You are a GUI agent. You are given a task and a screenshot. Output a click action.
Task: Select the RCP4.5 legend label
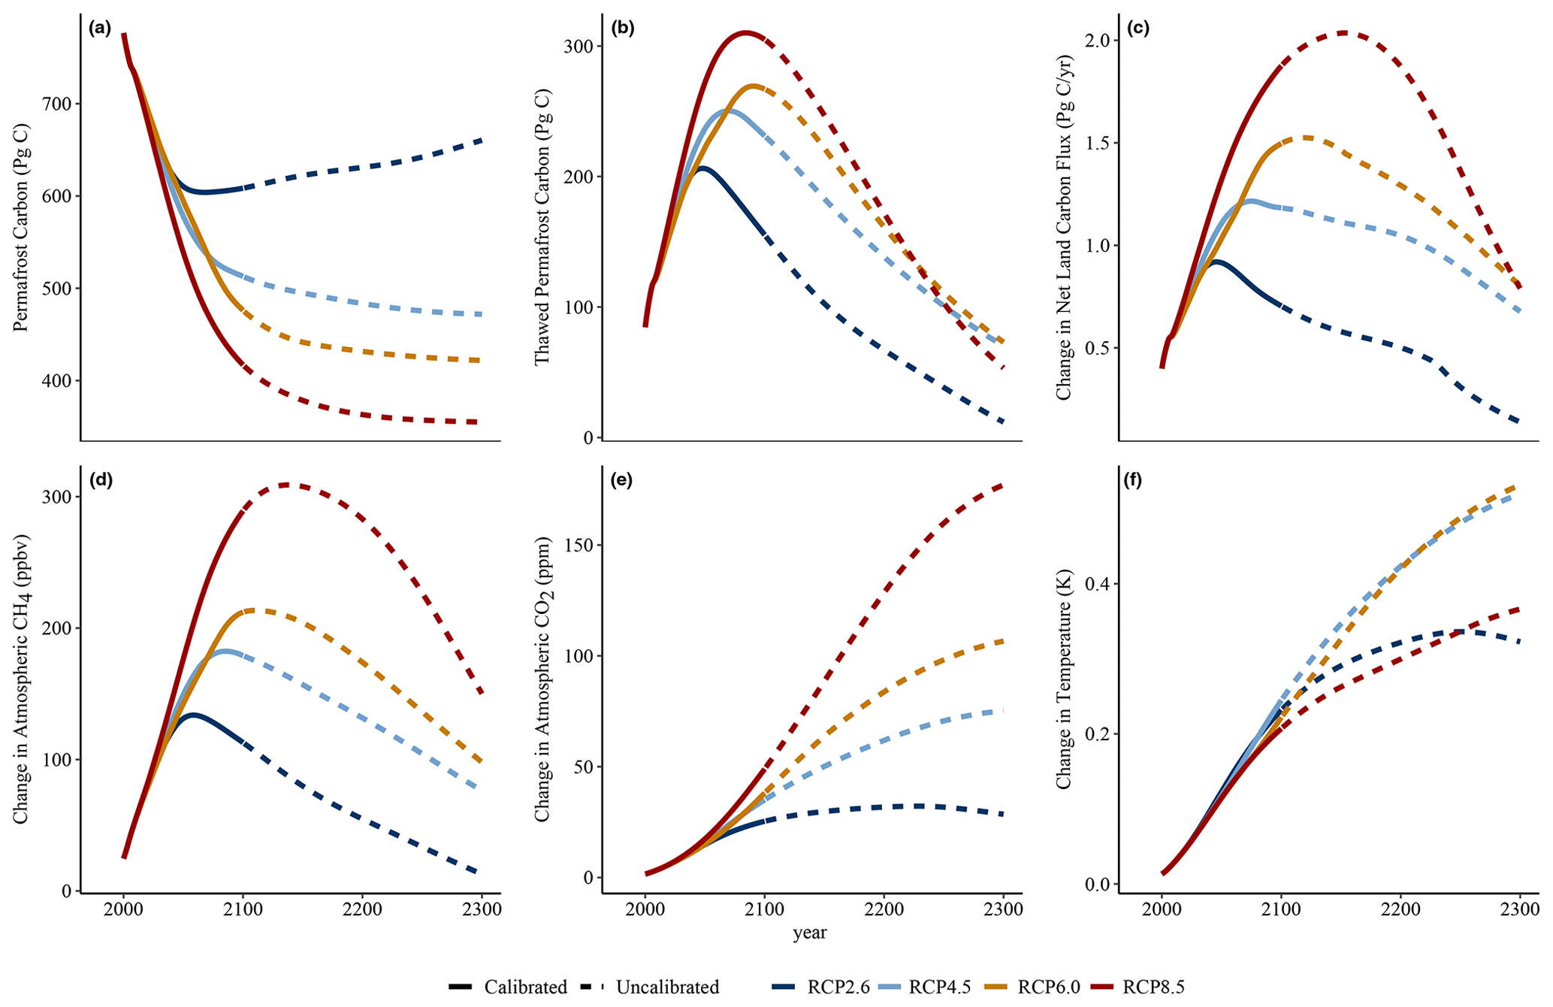938,987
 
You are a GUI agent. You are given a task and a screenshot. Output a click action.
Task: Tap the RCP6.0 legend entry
1047,987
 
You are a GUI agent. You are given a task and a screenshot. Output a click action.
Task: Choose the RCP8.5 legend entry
1153,987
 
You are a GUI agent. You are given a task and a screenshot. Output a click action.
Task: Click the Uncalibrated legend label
667,987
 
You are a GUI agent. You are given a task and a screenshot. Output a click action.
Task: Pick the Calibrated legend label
525,987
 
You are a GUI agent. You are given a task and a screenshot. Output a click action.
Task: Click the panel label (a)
99,29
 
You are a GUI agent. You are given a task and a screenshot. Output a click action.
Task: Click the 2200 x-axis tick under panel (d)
362,909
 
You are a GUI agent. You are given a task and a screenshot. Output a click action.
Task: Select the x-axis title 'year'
809,933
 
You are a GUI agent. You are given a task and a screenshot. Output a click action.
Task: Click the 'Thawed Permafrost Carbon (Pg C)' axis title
542,227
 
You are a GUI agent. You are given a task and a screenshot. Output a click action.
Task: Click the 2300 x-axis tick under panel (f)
1520,909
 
